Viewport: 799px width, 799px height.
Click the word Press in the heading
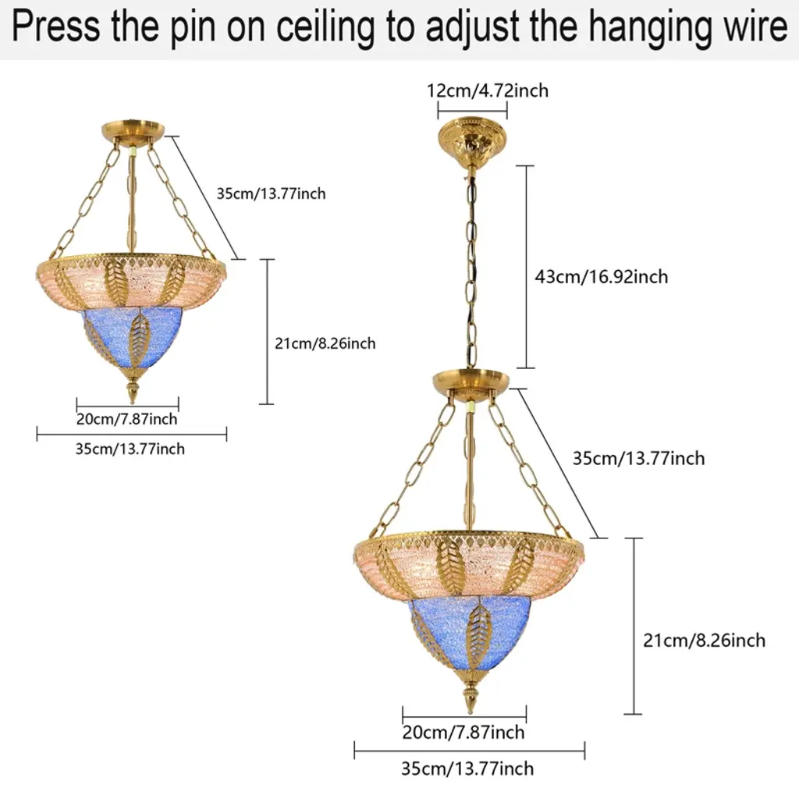pyautogui.click(x=56, y=27)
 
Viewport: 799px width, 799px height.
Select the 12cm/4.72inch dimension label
pyautogui.click(x=488, y=91)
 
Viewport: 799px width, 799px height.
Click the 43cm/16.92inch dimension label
pyautogui.click(x=601, y=276)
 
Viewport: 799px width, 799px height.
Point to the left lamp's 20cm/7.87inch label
pyautogui.click(x=126, y=419)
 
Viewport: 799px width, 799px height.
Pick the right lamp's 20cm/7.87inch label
pyautogui.click(x=463, y=732)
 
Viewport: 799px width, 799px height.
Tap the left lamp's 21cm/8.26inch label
pyautogui.click(x=325, y=343)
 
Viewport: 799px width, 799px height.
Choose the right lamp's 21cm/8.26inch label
pyautogui.click(x=704, y=640)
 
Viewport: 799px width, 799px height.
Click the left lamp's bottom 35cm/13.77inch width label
pyautogui.click(x=131, y=449)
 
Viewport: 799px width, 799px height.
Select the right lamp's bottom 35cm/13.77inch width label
pyautogui.click(x=467, y=768)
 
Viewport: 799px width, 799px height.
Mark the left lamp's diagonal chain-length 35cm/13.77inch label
pyautogui.click(x=271, y=194)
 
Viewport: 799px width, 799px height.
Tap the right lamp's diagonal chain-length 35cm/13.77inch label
pyautogui.click(x=638, y=458)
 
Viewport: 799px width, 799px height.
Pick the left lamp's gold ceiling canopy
pyautogui.click(x=133, y=130)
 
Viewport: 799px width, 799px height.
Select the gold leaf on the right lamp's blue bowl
pyautogui.click(x=478, y=632)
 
